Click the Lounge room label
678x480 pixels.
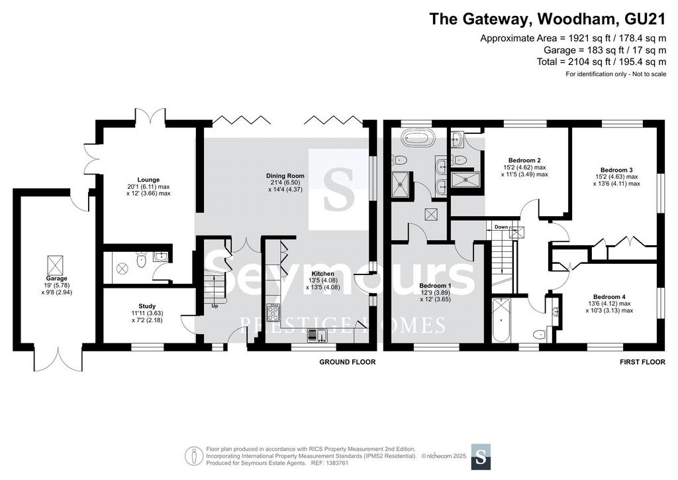click(x=148, y=180)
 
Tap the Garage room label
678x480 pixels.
click(x=57, y=278)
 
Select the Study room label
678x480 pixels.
click(x=147, y=306)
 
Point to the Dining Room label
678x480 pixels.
click(x=285, y=176)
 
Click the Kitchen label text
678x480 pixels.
click(x=323, y=274)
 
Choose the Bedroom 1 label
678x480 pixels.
click(x=436, y=286)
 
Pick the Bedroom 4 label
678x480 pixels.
click(x=609, y=297)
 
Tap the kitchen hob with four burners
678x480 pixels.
click(x=273, y=313)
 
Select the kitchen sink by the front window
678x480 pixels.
click(x=317, y=335)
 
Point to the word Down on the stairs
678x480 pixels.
click(x=501, y=227)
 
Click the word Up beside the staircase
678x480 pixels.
click(x=215, y=306)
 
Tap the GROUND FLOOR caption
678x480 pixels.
click(x=347, y=362)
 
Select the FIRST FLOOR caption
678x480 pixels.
click(x=642, y=362)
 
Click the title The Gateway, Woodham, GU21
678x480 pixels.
click(x=548, y=19)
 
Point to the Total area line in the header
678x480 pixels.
click(x=601, y=62)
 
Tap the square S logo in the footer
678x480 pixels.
click(x=481, y=457)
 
